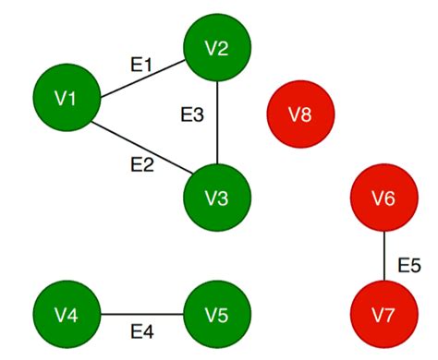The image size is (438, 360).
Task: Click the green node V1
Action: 66,98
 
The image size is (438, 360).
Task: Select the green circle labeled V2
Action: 216,49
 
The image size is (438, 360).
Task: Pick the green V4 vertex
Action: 66,315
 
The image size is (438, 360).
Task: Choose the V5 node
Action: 216,315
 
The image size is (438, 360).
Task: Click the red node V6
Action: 383,198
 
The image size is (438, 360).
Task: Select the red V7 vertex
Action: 383,315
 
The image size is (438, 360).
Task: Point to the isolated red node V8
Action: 300,115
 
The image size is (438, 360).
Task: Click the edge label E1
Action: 141,65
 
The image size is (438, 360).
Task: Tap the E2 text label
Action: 141,165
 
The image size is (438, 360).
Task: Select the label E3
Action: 191,116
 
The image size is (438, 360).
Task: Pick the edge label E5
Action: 409,265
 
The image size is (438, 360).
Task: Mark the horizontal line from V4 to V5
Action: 140,315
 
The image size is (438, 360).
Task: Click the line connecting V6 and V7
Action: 383,256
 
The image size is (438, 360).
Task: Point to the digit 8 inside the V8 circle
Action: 307,115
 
